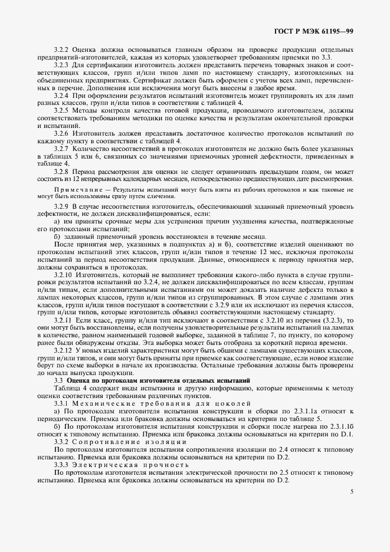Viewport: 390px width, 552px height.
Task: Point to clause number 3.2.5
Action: [62, 110]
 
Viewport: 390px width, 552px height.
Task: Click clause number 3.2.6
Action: [62, 133]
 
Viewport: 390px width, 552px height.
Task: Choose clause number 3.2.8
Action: [62, 171]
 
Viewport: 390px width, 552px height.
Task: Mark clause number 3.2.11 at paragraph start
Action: [64, 320]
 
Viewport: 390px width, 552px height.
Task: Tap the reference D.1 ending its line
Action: [347, 433]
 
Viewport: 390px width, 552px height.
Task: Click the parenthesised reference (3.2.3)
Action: [334, 320]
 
